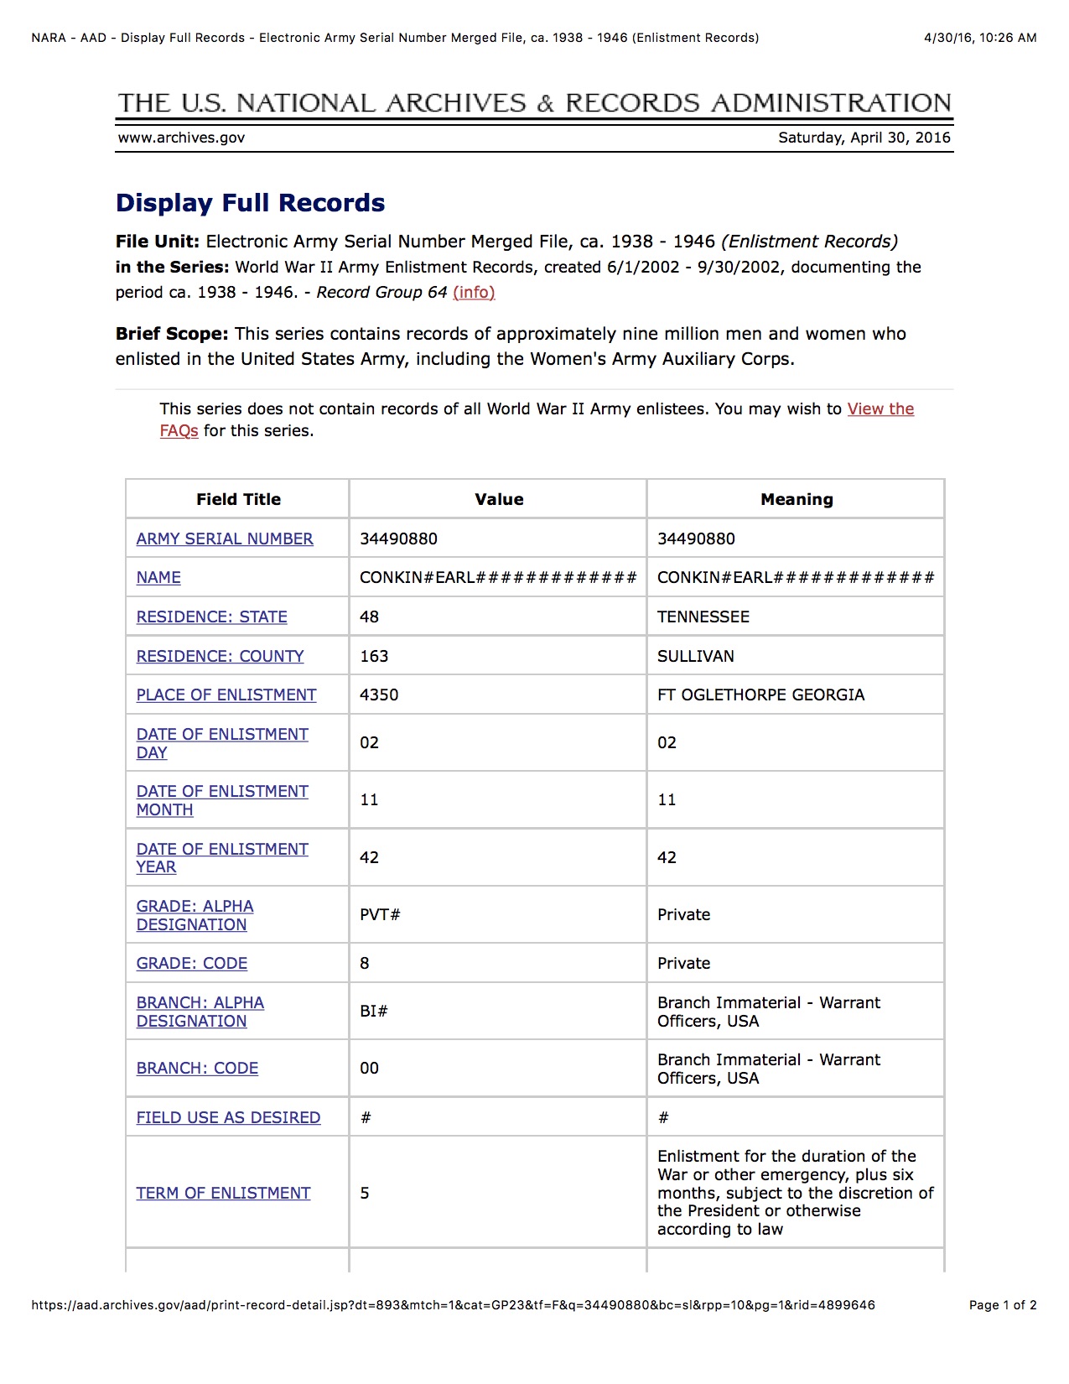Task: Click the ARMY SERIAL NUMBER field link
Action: [x=225, y=539]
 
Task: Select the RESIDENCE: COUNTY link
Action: [x=220, y=656]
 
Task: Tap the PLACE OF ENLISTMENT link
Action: [x=226, y=695]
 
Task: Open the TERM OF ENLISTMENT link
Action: [x=223, y=1193]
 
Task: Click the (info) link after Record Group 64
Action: [x=474, y=292]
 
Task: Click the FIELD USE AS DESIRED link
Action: [x=228, y=1117]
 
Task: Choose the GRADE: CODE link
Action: [x=192, y=963]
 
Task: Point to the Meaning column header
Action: [x=797, y=499]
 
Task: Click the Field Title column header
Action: [x=238, y=499]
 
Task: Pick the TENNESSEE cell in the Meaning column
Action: [x=703, y=617]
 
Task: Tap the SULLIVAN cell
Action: [x=695, y=656]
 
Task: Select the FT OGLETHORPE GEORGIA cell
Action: [x=760, y=695]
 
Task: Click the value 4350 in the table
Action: [x=379, y=695]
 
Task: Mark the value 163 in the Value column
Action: [x=374, y=656]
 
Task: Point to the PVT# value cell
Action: [x=380, y=914]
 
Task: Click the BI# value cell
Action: [x=374, y=1011]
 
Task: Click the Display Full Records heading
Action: [x=250, y=203]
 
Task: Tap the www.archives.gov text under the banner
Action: [x=181, y=138]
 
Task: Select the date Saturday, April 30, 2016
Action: [x=864, y=138]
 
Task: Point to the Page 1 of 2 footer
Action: [x=1002, y=1305]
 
